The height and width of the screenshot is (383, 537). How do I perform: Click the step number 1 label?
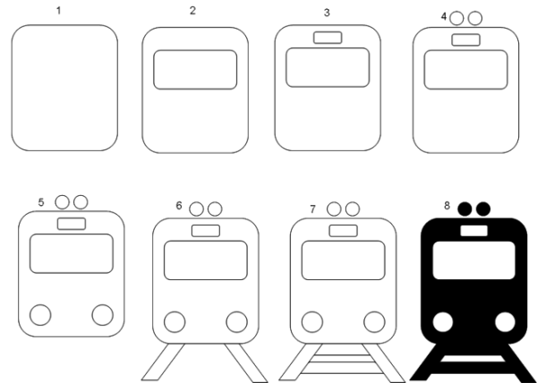click(x=58, y=11)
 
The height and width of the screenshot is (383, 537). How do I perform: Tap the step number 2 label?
click(x=192, y=11)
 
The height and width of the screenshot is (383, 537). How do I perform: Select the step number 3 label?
click(x=327, y=13)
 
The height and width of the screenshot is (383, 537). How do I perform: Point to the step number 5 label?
click(x=41, y=202)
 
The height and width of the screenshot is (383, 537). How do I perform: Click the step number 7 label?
click(x=312, y=209)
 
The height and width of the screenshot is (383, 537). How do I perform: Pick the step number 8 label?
click(x=447, y=206)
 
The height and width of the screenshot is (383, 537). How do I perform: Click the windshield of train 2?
click(x=195, y=70)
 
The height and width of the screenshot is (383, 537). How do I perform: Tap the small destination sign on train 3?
click(x=328, y=38)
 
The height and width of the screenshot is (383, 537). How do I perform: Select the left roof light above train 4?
click(x=456, y=18)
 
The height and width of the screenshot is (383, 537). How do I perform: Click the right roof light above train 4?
click(x=475, y=18)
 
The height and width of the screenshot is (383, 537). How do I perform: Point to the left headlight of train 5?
click(x=40, y=315)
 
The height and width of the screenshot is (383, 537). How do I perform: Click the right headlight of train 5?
click(x=102, y=315)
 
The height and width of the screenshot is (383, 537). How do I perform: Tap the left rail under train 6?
click(x=164, y=362)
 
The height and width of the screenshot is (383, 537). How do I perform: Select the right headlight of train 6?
click(x=236, y=322)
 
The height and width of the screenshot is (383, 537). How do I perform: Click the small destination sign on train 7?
click(x=344, y=231)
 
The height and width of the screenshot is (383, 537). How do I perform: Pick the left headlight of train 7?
click(x=312, y=322)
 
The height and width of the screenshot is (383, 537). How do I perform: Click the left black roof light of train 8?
click(x=465, y=209)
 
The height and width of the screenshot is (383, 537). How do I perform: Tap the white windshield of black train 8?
click(x=474, y=260)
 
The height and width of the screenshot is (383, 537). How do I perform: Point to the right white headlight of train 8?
click(x=505, y=322)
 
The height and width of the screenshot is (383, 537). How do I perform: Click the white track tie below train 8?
click(x=473, y=359)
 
